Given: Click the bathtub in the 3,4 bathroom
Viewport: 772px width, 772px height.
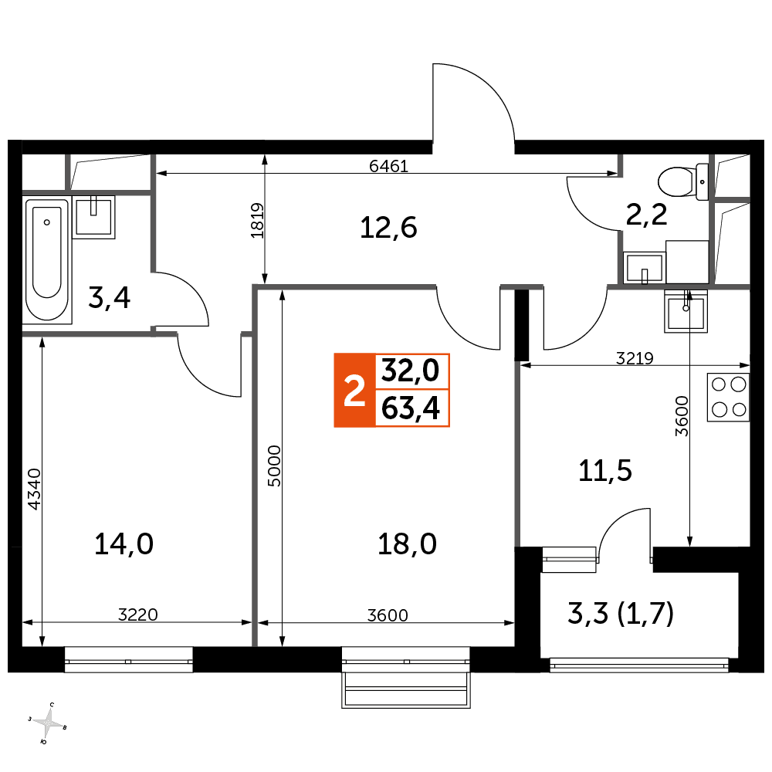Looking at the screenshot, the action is point(47,260).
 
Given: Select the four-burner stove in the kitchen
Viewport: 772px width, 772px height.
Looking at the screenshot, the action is point(728,398).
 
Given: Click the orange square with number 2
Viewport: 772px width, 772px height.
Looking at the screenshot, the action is point(354,390).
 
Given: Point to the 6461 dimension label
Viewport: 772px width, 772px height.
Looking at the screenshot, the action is point(388,167).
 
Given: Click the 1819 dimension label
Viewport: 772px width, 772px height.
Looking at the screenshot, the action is point(258,221).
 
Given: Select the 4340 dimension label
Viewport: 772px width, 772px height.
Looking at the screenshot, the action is point(34,489).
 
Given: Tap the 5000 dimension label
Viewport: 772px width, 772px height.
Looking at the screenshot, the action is point(274,466).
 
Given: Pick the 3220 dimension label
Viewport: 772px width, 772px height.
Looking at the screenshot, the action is point(138,615).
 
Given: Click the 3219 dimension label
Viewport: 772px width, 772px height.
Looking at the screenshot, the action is point(634,358).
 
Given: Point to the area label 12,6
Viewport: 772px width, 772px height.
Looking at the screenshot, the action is point(388,228).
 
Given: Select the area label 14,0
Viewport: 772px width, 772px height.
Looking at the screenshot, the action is point(124,544).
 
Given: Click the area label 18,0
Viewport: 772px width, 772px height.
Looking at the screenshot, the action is point(407,544).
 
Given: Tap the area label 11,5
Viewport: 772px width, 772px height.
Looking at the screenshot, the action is point(605,471).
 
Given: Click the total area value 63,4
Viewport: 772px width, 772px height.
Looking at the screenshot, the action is point(411,408).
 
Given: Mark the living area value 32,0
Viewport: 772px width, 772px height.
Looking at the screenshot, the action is point(411,371).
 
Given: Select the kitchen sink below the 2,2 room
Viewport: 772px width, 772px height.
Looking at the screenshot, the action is point(686,311).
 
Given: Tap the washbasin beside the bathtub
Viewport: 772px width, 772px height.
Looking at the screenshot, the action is point(93,217).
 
